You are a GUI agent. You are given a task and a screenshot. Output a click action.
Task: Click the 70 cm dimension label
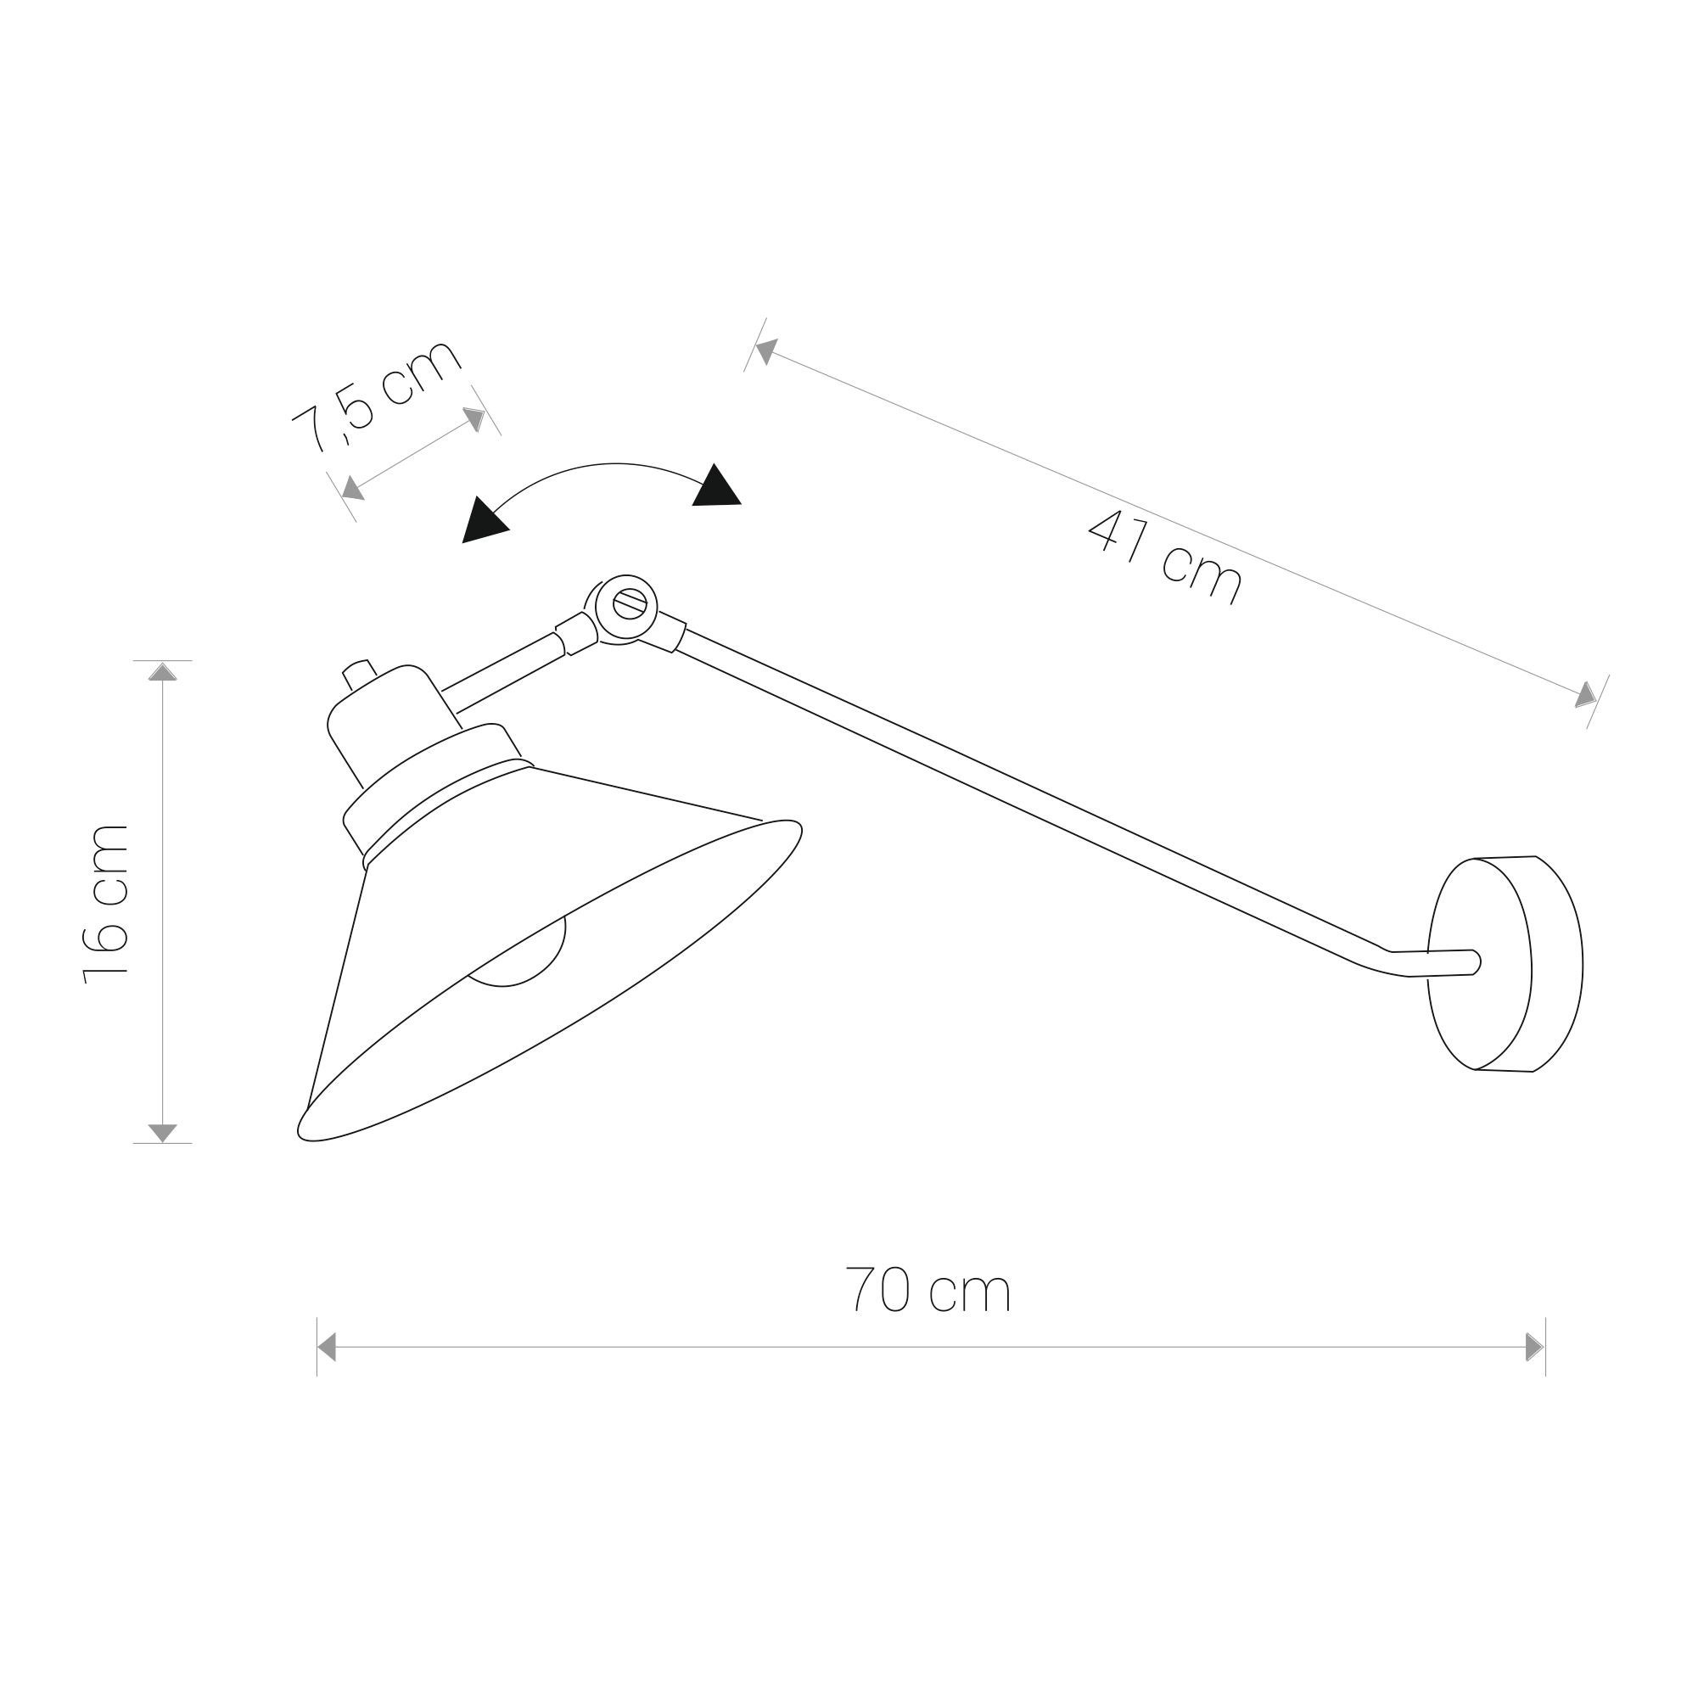point(927,1290)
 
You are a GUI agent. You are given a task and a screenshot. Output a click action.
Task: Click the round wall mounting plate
point(1505,963)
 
